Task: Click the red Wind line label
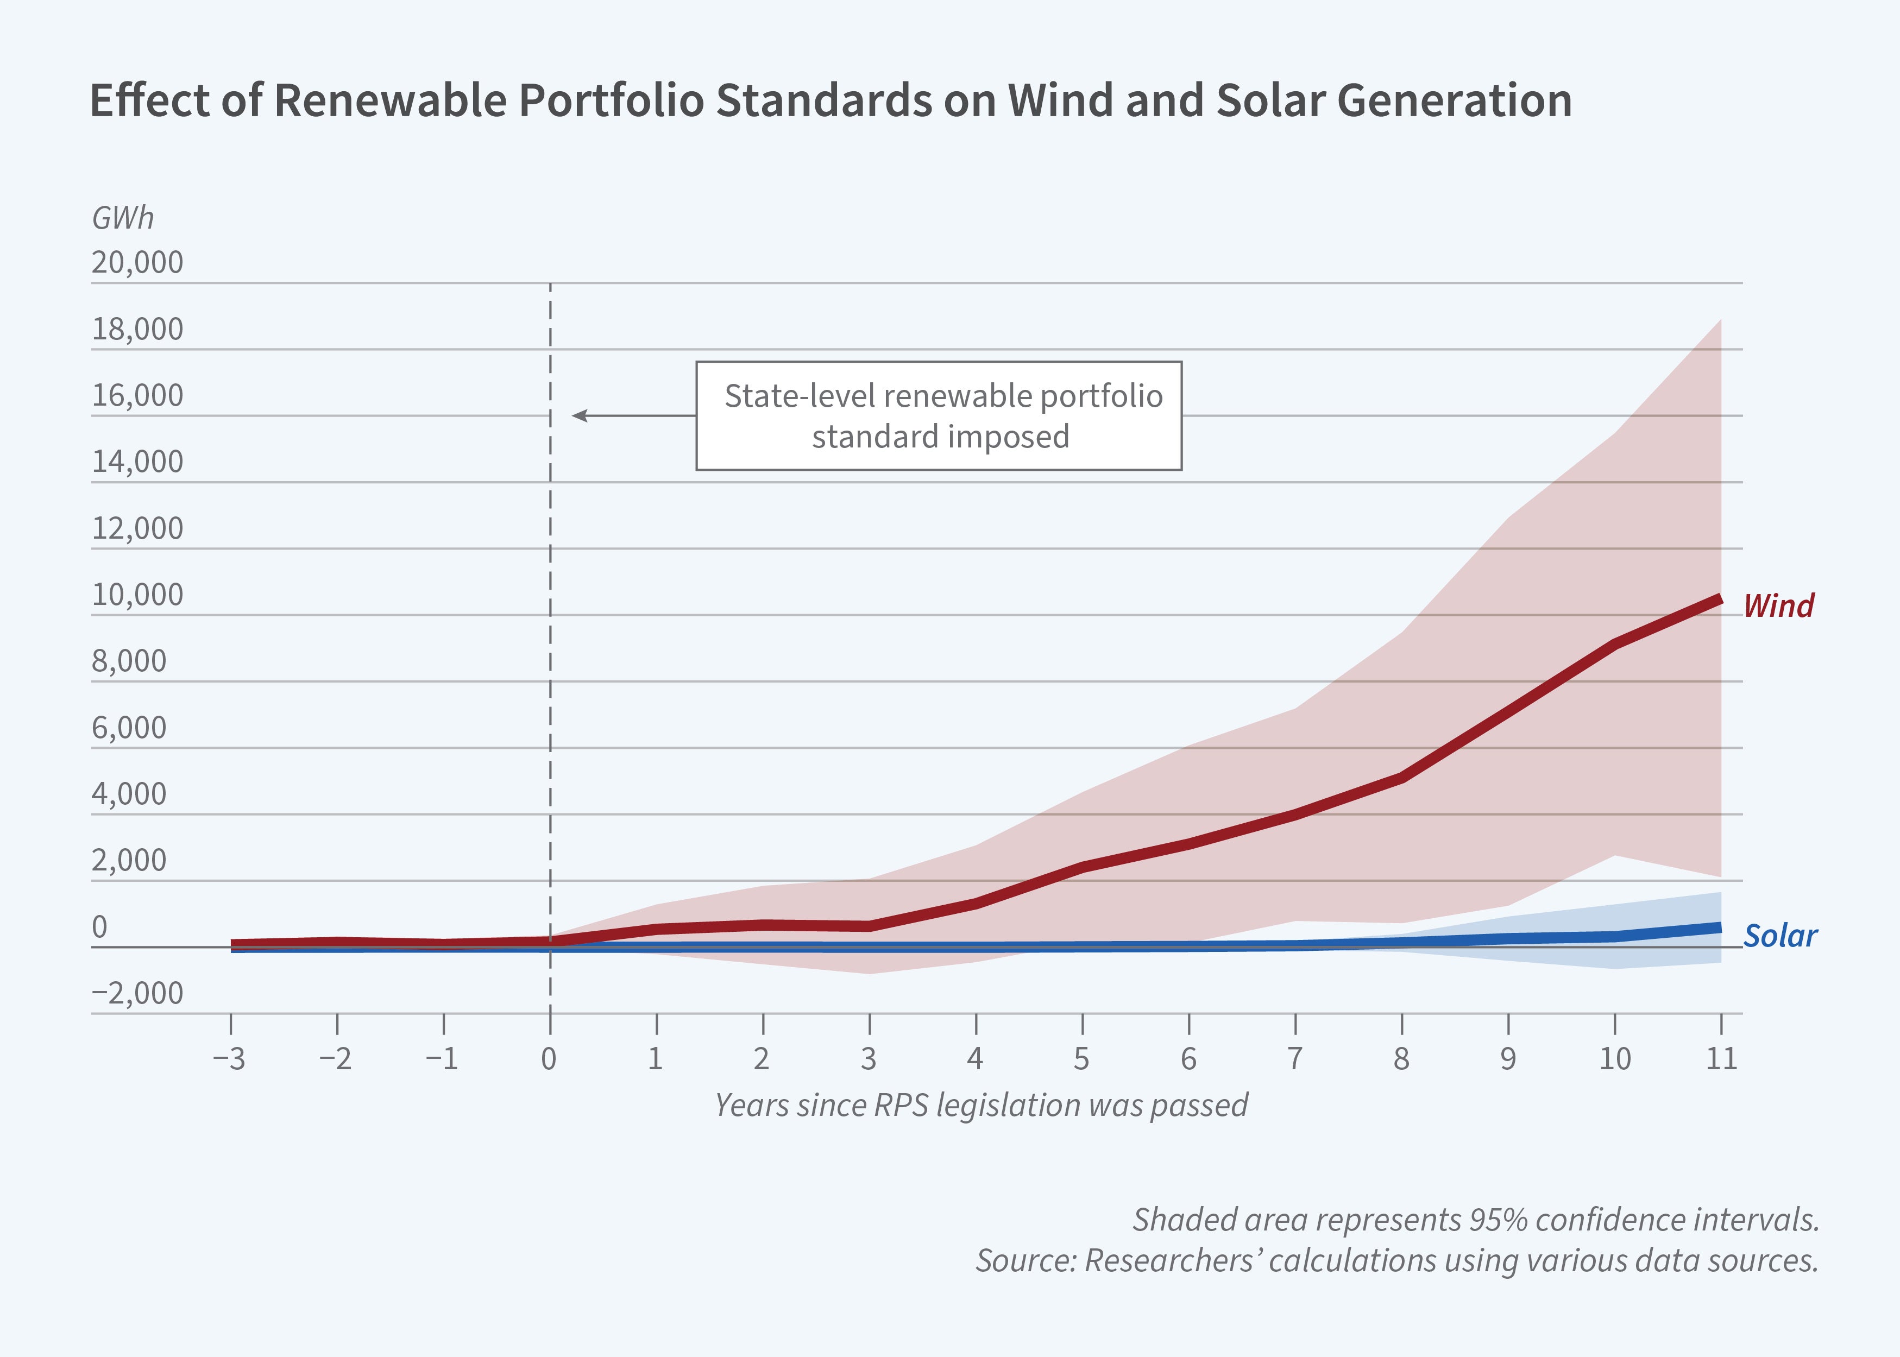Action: (1778, 606)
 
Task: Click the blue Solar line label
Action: (1779, 936)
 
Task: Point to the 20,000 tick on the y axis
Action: (137, 262)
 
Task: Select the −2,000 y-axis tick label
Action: (137, 993)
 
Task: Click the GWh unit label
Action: (123, 218)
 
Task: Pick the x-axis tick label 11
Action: (1721, 1059)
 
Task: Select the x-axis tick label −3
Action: (229, 1059)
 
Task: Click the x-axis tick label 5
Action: (1081, 1059)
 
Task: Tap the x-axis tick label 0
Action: (549, 1059)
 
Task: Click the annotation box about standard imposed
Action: (939, 416)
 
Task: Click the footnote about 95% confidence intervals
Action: (1475, 1220)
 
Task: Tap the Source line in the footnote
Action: (1397, 1260)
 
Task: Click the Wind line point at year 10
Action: (1614, 644)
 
